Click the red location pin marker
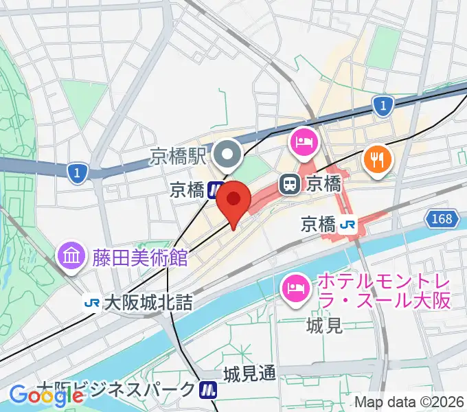click(x=233, y=200)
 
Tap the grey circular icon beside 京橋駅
click(x=226, y=156)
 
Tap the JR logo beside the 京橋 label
click(x=349, y=224)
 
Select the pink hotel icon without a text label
click(x=303, y=142)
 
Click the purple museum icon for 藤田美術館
click(x=71, y=257)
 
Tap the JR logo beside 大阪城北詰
click(x=91, y=302)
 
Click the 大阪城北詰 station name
click(x=148, y=302)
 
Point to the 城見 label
click(x=325, y=325)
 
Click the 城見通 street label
click(x=249, y=374)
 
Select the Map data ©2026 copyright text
click(x=409, y=401)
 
